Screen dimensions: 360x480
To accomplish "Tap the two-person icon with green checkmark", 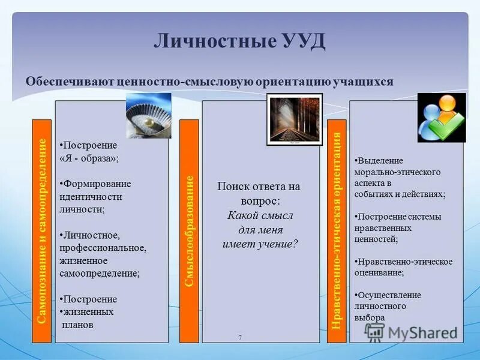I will (442, 118).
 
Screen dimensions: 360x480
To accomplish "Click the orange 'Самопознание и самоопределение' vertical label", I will (41, 231).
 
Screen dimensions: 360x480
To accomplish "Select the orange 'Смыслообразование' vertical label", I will (189, 231).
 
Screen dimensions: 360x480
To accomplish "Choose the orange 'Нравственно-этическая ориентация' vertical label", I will (337, 231).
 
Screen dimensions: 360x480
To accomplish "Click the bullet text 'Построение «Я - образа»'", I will (89, 152).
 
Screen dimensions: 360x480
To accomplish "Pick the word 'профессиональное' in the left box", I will (103, 248).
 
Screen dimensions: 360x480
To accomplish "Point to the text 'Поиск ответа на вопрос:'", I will (259, 193).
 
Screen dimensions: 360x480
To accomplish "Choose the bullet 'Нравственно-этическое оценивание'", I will (403, 266).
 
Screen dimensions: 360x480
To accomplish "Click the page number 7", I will (240, 338).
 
